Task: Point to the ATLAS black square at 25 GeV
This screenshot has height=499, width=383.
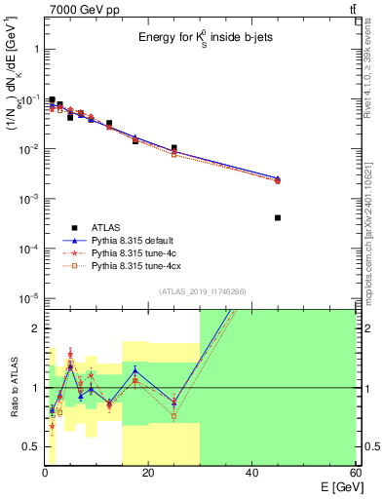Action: pyautogui.click(x=173, y=148)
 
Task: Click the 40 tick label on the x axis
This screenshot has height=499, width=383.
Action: pyautogui.click(x=251, y=474)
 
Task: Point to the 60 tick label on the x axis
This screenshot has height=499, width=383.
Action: pyautogui.click(x=355, y=474)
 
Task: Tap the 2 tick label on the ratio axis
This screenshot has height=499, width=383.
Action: pyautogui.click(x=34, y=328)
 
